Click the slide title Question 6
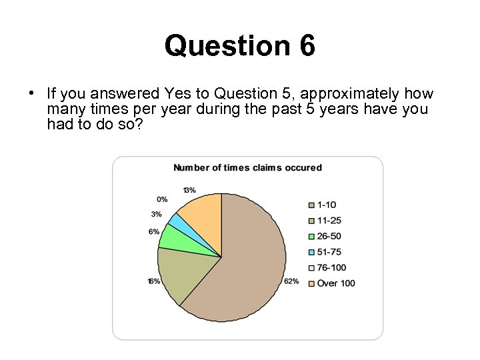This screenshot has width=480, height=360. tap(239, 46)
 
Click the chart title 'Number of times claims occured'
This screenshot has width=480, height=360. tap(247, 167)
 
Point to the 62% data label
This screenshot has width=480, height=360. tap(291, 281)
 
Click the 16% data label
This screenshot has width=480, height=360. tap(153, 281)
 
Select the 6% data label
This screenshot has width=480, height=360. tap(154, 231)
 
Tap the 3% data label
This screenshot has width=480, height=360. tap(156, 214)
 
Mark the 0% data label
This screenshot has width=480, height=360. tap(162, 199)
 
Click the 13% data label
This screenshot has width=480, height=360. tap(189, 190)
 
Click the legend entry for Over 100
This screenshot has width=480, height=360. tap(336, 283)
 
